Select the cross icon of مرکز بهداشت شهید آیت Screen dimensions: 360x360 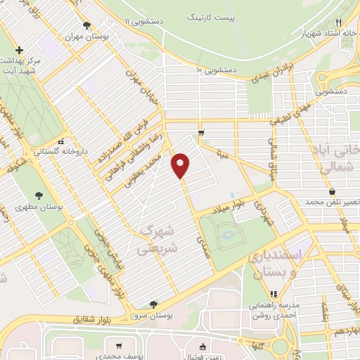20,50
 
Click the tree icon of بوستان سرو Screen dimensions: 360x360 154,304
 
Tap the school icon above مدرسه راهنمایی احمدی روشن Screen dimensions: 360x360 274,294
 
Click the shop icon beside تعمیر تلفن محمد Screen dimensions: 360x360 331,192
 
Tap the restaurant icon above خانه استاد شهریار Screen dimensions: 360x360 339,22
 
